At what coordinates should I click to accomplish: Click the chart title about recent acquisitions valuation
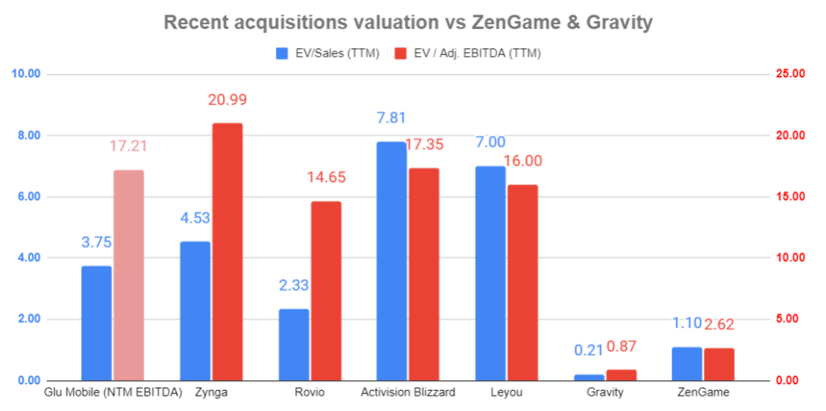(x=407, y=22)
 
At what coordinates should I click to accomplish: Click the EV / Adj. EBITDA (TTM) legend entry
(x=467, y=53)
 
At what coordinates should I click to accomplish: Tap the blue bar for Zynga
(x=194, y=311)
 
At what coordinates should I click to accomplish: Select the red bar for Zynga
(x=227, y=251)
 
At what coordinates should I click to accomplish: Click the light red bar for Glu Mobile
(x=128, y=275)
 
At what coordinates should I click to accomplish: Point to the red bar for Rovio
(x=326, y=290)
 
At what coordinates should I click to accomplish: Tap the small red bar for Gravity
(x=621, y=375)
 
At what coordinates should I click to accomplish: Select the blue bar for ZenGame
(x=686, y=363)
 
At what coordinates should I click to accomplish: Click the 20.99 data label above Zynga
(x=227, y=100)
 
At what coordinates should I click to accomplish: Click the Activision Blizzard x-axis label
(x=407, y=392)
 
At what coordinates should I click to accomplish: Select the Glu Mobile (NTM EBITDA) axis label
(x=112, y=392)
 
